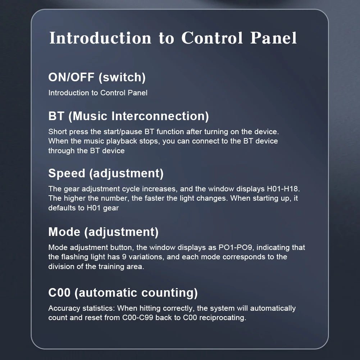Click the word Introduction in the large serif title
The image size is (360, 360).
click(100, 38)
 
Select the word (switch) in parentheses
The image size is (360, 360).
click(122, 77)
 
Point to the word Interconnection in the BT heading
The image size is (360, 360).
click(160, 116)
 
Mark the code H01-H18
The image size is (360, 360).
click(283, 189)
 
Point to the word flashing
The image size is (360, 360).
click(76, 257)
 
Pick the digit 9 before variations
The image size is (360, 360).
click(124, 257)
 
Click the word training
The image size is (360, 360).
click(111, 267)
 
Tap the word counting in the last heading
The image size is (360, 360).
click(169, 293)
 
